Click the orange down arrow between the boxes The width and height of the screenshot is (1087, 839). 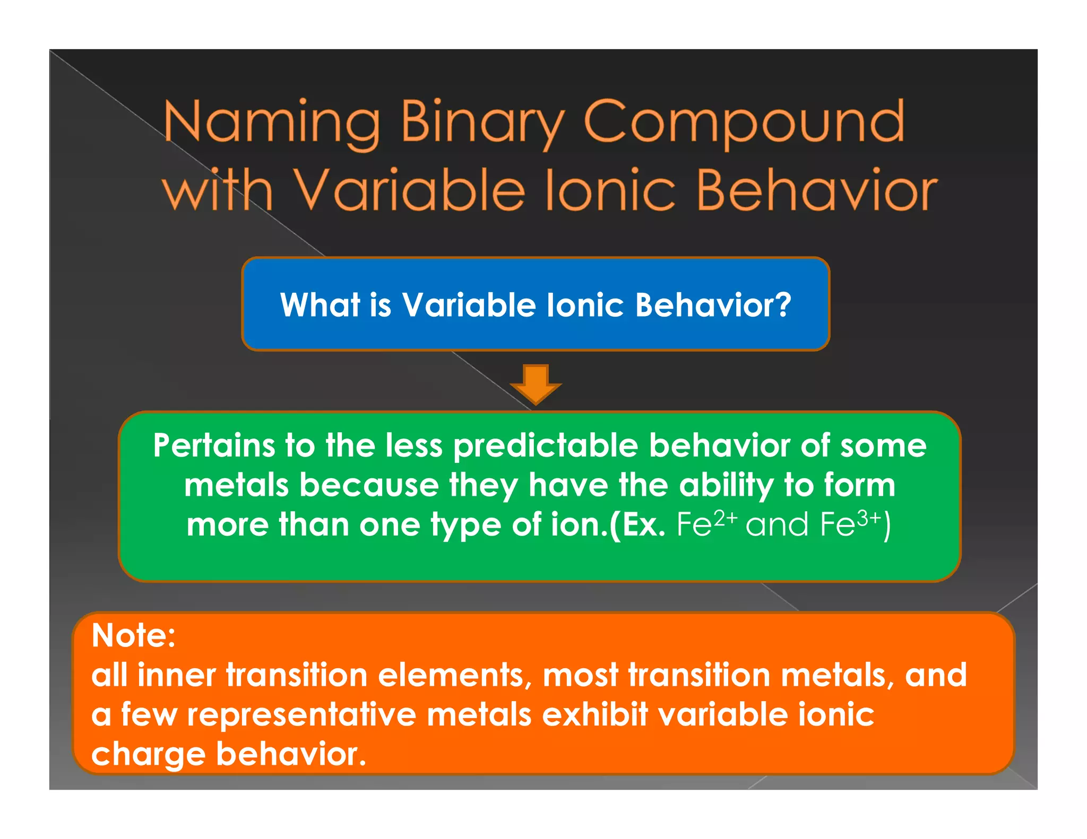point(536,384)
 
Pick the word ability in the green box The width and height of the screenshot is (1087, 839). point(726,485)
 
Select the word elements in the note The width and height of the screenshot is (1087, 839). point(455,675)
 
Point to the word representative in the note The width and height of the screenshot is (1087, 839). point(301,714)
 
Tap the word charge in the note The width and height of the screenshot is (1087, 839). point(148,754)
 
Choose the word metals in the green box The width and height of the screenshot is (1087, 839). point(236,485)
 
